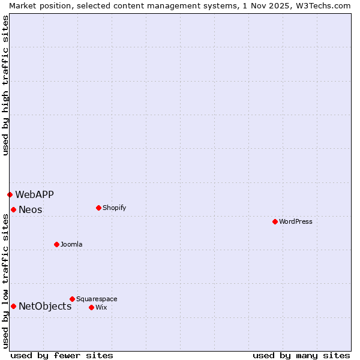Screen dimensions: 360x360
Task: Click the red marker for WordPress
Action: pos(275,221)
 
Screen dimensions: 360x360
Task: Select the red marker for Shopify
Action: pos(98,208)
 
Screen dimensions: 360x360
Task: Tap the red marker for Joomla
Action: pos(56,244)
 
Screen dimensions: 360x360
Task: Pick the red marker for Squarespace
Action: pos(72,299)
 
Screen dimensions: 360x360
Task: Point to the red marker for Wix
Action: pos(91,307)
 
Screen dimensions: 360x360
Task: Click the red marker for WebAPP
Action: pos(10,194)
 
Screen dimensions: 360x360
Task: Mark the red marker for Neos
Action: pos(13,209)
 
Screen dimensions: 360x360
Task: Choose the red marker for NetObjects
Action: pos(13,306)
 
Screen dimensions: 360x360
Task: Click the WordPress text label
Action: pos(296,221)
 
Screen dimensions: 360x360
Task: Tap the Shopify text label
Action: pos(114,208)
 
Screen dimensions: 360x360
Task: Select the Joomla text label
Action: pos(71,244)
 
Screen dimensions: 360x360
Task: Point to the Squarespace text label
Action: pos(97,299)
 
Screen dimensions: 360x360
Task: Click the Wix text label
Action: pos(101,307)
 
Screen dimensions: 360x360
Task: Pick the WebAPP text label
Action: pos(34,194)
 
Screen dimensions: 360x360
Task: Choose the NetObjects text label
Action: pos(45,306)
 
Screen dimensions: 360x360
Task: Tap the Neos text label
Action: pos(31,209)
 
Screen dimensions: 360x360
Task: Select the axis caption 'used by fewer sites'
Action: pos(62,355)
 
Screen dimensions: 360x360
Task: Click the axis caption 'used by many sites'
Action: pos(301,355)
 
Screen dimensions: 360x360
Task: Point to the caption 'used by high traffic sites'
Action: pos(5,85)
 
